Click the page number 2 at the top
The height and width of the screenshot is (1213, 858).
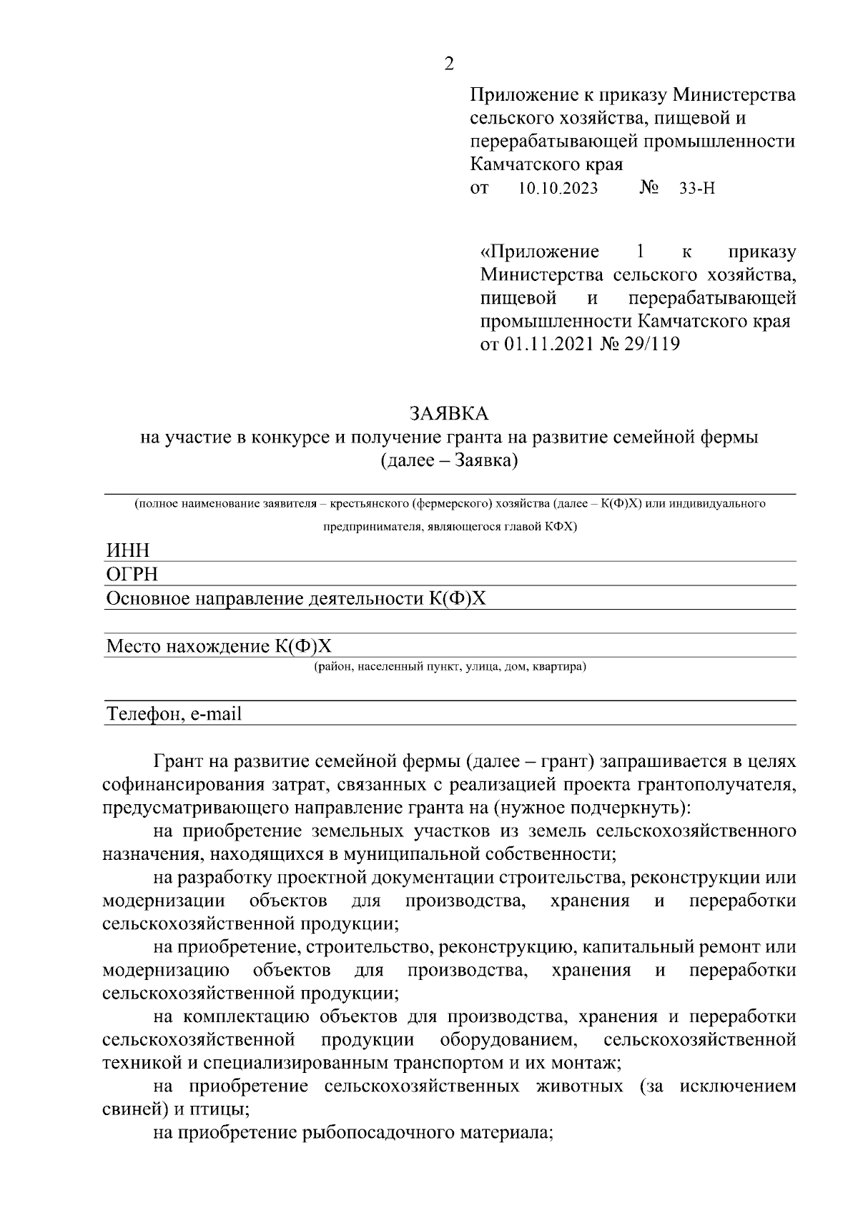[x=448, y=64]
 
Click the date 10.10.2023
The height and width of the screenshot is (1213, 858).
[x=558, y=189]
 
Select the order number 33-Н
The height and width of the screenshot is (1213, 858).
[x=697, y=189]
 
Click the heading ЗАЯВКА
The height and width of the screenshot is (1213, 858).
[x=449, y=413]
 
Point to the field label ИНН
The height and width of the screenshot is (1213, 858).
[x=128, y=550]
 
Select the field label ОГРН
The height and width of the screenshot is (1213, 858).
[x=132, y=575]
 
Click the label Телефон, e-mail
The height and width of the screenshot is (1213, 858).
[x=174, y=713]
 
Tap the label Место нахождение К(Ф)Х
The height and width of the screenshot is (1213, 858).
[x=219, y=647]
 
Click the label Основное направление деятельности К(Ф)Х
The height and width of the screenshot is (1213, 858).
[x=295, y=598]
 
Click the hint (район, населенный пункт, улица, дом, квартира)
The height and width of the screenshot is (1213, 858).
[x=450, y=667]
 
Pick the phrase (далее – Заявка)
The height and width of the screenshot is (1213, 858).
[x=449, y=460]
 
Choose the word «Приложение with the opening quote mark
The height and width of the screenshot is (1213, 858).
[x=539, y=252]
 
